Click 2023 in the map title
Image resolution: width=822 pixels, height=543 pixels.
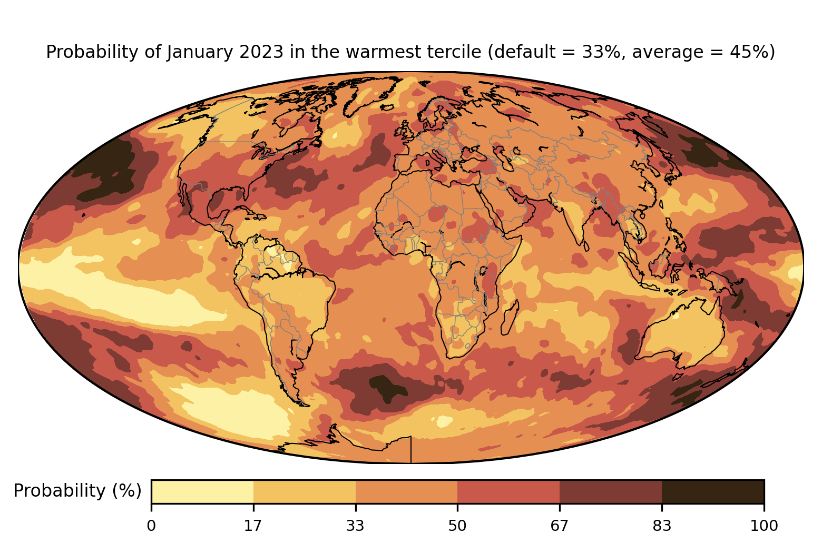click(x=261, y=52)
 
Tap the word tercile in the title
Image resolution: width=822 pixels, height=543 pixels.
click(x=458, y=52)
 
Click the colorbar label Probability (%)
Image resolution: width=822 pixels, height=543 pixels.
click(x=77, y=491)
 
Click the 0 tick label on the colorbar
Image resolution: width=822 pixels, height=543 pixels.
click(x=151, y=526)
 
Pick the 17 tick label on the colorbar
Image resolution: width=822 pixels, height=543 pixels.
click(x=253, y=526)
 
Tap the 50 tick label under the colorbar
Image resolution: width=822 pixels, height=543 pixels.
click(x=457, y=526)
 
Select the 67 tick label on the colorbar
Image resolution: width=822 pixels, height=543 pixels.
click(x=559, y=526)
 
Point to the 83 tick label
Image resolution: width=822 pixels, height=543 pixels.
click(x=662, y=526)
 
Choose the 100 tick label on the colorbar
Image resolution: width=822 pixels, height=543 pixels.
click(x=764, y=526)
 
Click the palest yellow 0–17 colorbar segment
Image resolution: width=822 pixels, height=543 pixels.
click(x=202, y=491)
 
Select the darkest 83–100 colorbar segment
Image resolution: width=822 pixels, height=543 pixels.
click(x=713, y=491)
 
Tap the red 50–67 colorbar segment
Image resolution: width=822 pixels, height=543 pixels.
click(x=508, y=491)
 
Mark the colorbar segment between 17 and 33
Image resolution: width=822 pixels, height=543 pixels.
click(x=304, y=491)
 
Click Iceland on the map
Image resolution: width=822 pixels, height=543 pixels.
click(x=387, y=107)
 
